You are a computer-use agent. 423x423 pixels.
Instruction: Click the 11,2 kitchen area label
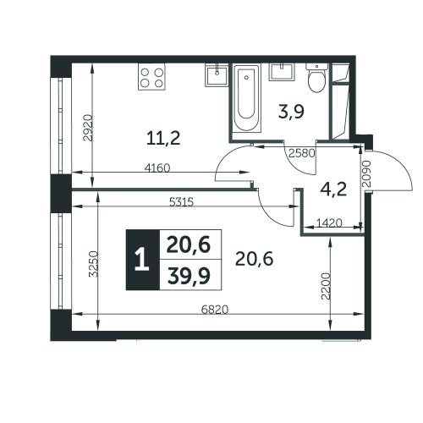163,139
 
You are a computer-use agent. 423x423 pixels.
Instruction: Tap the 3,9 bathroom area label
291,112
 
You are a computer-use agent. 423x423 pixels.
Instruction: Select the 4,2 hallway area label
333,190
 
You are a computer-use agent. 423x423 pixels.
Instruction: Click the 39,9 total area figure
189,276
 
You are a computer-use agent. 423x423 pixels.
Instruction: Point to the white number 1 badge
142,260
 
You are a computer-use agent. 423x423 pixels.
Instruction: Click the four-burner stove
151,77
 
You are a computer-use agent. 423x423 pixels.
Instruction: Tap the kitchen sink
217,74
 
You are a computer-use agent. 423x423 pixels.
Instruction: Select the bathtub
247,98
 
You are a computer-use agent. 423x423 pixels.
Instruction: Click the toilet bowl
317,78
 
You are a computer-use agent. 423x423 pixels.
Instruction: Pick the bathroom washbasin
282,72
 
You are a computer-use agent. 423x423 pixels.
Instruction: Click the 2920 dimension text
88,128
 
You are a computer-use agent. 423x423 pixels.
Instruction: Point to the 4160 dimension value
157,168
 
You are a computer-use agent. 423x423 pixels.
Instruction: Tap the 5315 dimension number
181,202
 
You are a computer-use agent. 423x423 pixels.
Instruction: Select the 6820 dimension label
215,310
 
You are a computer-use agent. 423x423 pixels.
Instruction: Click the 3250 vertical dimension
93,264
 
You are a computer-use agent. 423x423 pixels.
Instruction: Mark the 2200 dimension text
326,286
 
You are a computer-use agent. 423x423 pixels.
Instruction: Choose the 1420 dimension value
329,223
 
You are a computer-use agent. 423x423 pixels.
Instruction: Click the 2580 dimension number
302,153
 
